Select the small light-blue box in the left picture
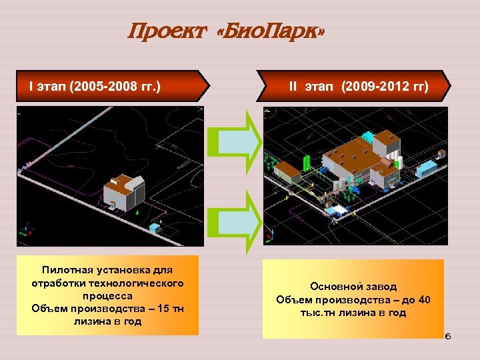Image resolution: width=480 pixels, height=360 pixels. point(155,228)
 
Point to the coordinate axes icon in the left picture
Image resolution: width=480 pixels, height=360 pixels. point(26,230)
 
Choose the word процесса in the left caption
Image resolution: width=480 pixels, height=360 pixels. point(107,295)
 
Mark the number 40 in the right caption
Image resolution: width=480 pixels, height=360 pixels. point(424,299)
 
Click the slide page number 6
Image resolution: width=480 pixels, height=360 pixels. point(448,336)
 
